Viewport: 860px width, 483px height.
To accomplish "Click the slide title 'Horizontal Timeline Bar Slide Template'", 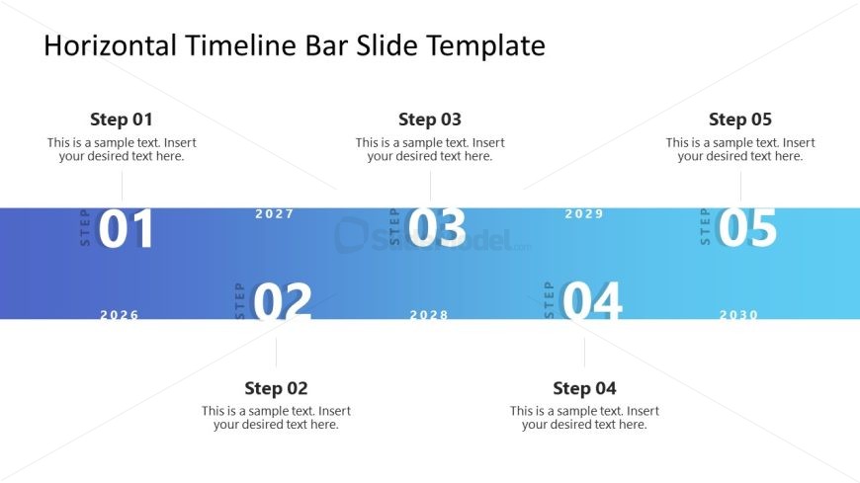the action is [x=295, y=45].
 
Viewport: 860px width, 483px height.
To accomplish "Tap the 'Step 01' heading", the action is [x=122, y=119].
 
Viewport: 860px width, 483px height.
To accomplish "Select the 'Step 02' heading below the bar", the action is [x=276, y=388].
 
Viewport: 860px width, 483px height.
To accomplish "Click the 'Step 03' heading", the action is [x=430, y=119].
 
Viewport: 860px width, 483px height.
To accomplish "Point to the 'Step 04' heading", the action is [x=584, y=388].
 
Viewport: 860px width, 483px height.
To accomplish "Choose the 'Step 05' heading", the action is [x=740, y=119].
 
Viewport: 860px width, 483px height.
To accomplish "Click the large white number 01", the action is [x=126, y=228].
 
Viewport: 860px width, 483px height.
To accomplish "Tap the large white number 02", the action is [x=282, y=301].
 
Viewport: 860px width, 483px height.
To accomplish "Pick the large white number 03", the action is [x=437, y=227].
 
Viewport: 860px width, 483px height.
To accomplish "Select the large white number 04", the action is [x=592, y=300].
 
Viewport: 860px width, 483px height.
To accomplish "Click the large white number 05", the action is [x=747, y=227].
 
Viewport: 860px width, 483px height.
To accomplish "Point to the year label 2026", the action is [x=120, y=315].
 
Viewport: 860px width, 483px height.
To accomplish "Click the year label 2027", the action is [x=275, y=213].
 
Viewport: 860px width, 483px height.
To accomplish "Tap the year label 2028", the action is [x=429, y=315].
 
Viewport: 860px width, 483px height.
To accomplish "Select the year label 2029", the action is [x=584, y=213].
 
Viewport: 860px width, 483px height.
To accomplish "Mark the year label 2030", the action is [x=738, y=315].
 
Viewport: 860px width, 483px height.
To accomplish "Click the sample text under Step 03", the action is [x=430, y=150].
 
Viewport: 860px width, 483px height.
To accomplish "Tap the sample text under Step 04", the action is [x=584, y=418].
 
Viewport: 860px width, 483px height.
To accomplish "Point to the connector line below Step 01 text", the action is [x=122, y=187].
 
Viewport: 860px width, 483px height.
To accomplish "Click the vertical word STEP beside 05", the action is [x=706, y=226].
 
